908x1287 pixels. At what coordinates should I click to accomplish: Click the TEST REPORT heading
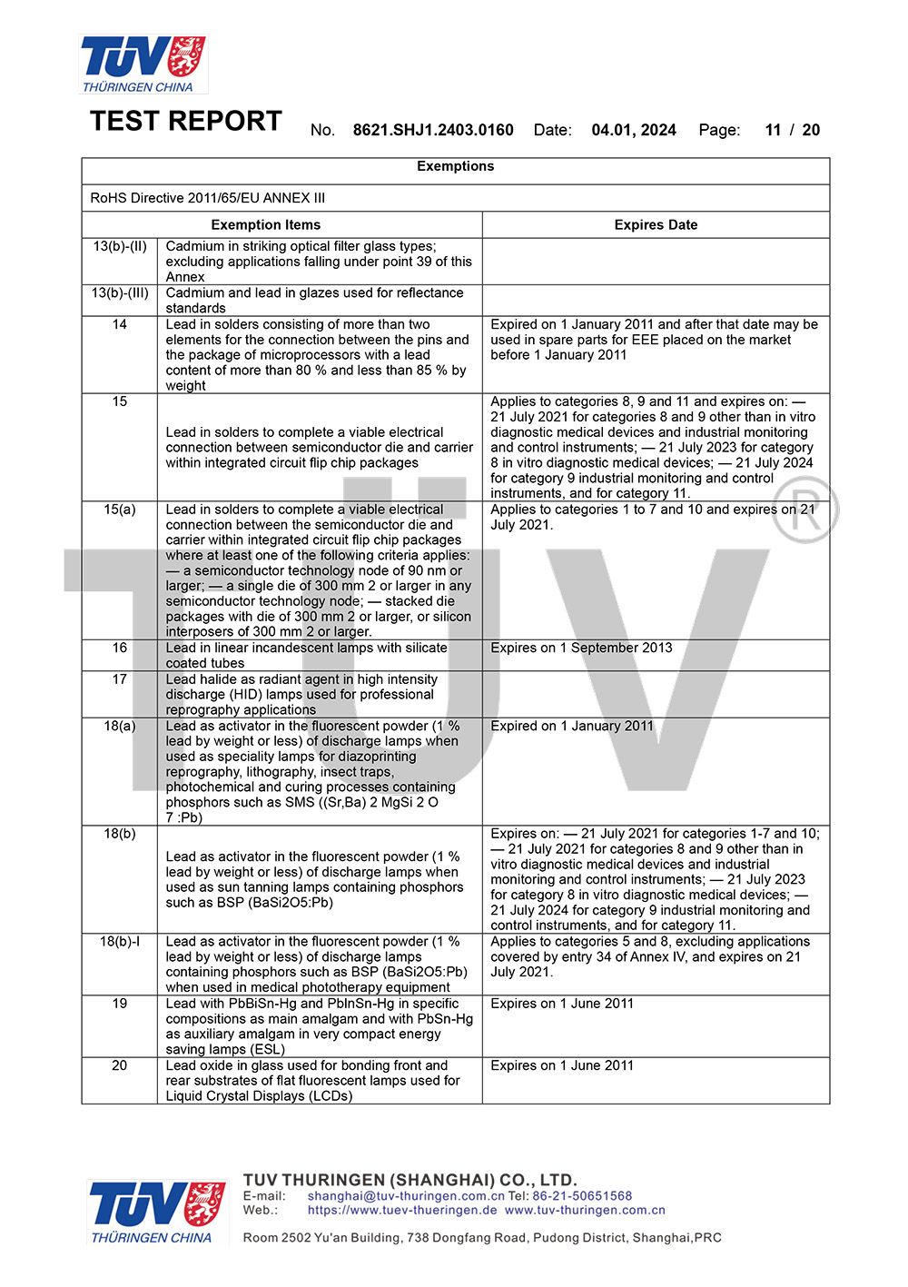(x=186, y=122)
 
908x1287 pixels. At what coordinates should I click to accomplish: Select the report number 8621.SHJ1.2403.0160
(x=433, y=130)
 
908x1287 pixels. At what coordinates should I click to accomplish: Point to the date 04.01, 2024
(x=634, y=130)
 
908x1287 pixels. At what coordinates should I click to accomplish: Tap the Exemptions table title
(x=455, y=166)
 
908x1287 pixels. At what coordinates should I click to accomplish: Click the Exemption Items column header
(x=265, y=225)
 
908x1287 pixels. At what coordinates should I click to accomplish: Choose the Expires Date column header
(x=656, y=225)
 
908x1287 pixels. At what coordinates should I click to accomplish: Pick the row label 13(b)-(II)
(x=120, y=246)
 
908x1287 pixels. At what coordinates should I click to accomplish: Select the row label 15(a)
(x=120, y=510)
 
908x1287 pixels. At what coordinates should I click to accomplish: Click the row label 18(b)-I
(x=120, y=942)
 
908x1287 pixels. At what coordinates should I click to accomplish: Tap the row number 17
(x=120, y=679)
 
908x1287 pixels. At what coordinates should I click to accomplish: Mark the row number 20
(x=120, y=1065)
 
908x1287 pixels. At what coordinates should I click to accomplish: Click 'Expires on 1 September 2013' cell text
(x=581, y=648)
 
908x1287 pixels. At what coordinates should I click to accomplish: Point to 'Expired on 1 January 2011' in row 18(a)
(x=572, y=726)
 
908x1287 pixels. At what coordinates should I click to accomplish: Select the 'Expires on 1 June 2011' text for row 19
(x=562, y=1004)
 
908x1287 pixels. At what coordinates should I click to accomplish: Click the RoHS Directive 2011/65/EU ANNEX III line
(x=208, y=198)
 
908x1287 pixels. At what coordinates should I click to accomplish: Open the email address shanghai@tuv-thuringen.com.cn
(x=405, y=1196)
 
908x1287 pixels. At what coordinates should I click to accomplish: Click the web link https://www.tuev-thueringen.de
(x=402, y=1210)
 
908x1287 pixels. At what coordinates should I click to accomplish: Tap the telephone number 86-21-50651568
(x=582, y=1196)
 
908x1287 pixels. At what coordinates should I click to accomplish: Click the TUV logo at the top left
(x=143, y=64)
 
